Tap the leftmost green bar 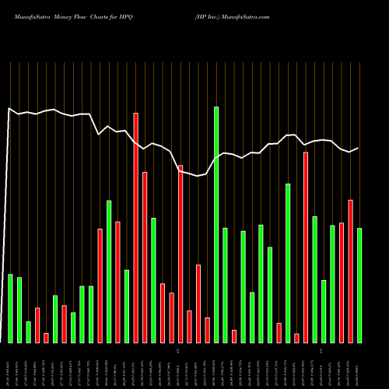(10, 308)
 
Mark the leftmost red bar (37, 325)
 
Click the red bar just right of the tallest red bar (145, 257)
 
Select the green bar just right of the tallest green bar (225, 285)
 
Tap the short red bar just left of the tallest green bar (207, 330)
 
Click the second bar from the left (19, 310)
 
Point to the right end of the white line (358, 148)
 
